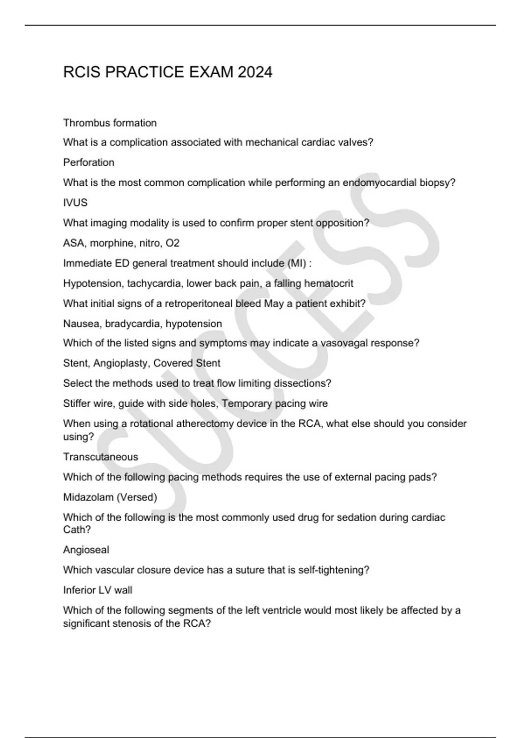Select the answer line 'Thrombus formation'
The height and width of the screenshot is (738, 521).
(110, 123)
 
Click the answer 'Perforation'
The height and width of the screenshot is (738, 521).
(89, 162)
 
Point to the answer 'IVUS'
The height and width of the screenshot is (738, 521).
(75, 203)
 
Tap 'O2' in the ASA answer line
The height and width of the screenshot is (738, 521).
(172, 243)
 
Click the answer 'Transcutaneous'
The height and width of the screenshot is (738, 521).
(100, 457)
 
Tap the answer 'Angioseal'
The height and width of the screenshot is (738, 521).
(86, 550)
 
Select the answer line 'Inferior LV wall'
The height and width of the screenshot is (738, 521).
(98, 590)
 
